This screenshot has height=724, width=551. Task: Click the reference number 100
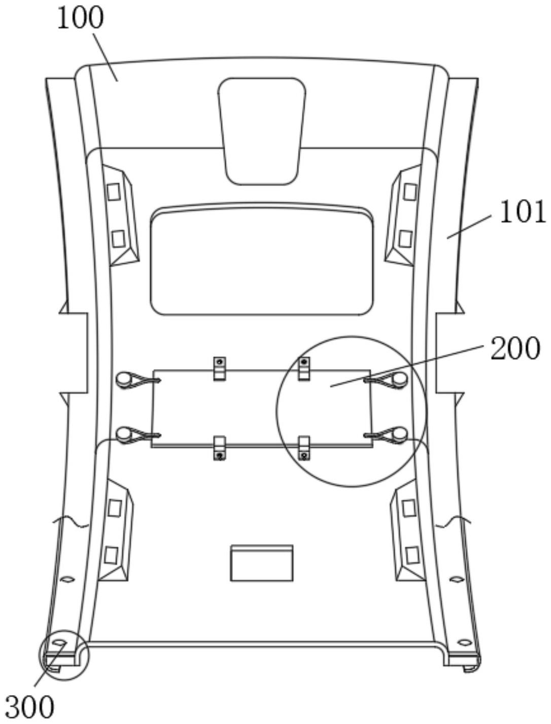[81, 19]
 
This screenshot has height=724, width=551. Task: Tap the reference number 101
[523, 212]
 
